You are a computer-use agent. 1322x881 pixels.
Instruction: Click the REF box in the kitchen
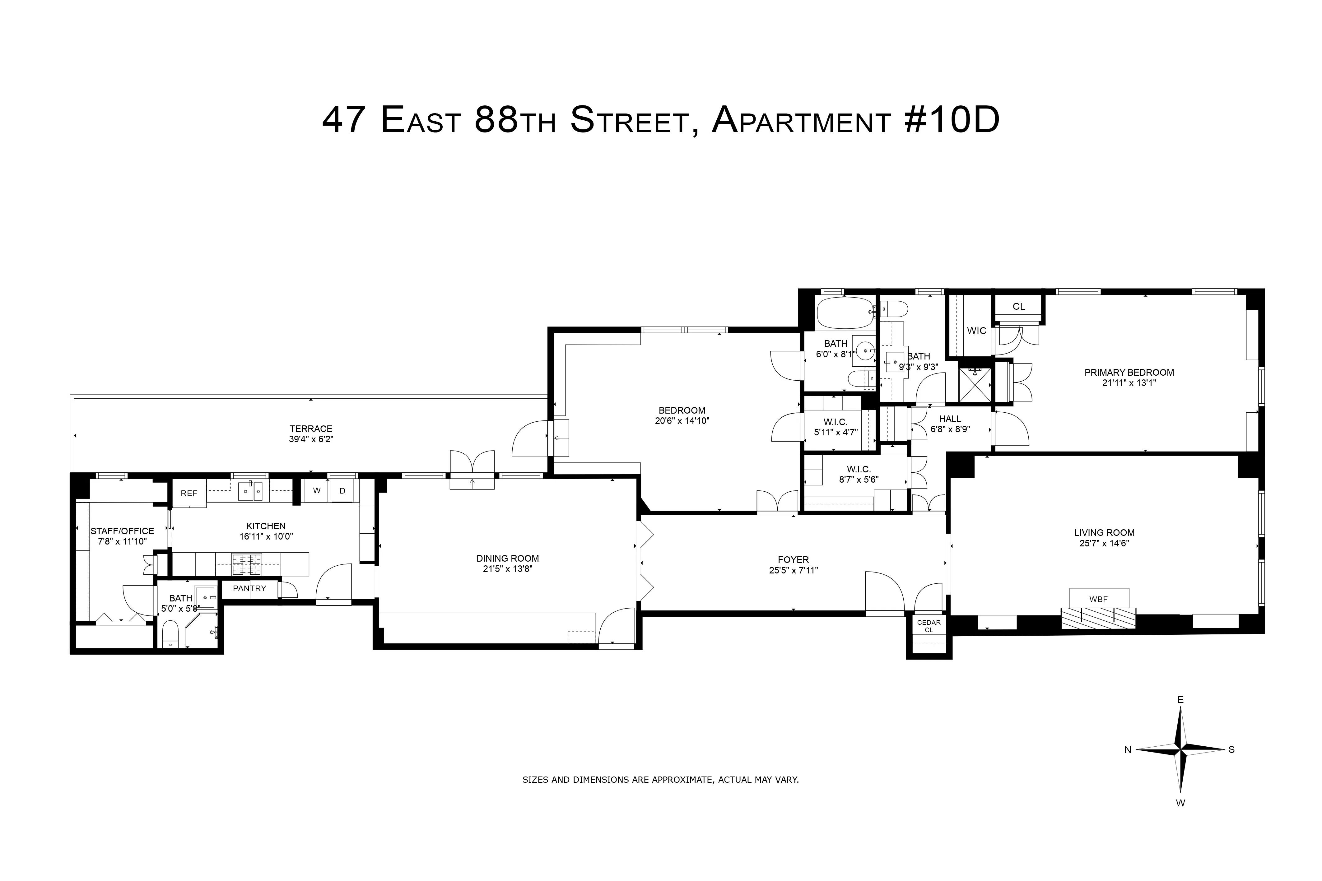tap(189, 493)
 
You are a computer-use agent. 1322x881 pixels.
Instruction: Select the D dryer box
tap(342, 490)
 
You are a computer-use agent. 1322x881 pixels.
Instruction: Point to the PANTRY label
tap(249, 588)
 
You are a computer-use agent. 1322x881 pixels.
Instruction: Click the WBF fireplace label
tap(1098, 599)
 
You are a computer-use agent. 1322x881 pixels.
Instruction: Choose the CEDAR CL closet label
tap(929, 626)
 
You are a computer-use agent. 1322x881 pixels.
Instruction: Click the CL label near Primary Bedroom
tap(1019, 307)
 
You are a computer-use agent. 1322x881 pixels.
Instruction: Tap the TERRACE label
tap(311, 429)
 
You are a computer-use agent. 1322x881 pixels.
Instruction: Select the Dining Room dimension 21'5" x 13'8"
tap(507, 569)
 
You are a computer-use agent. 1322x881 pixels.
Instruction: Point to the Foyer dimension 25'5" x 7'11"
tap(793, 570)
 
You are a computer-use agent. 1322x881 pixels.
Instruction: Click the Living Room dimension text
tap(1104, 543)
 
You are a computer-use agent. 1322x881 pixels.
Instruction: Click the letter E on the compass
tap(1180, 699)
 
